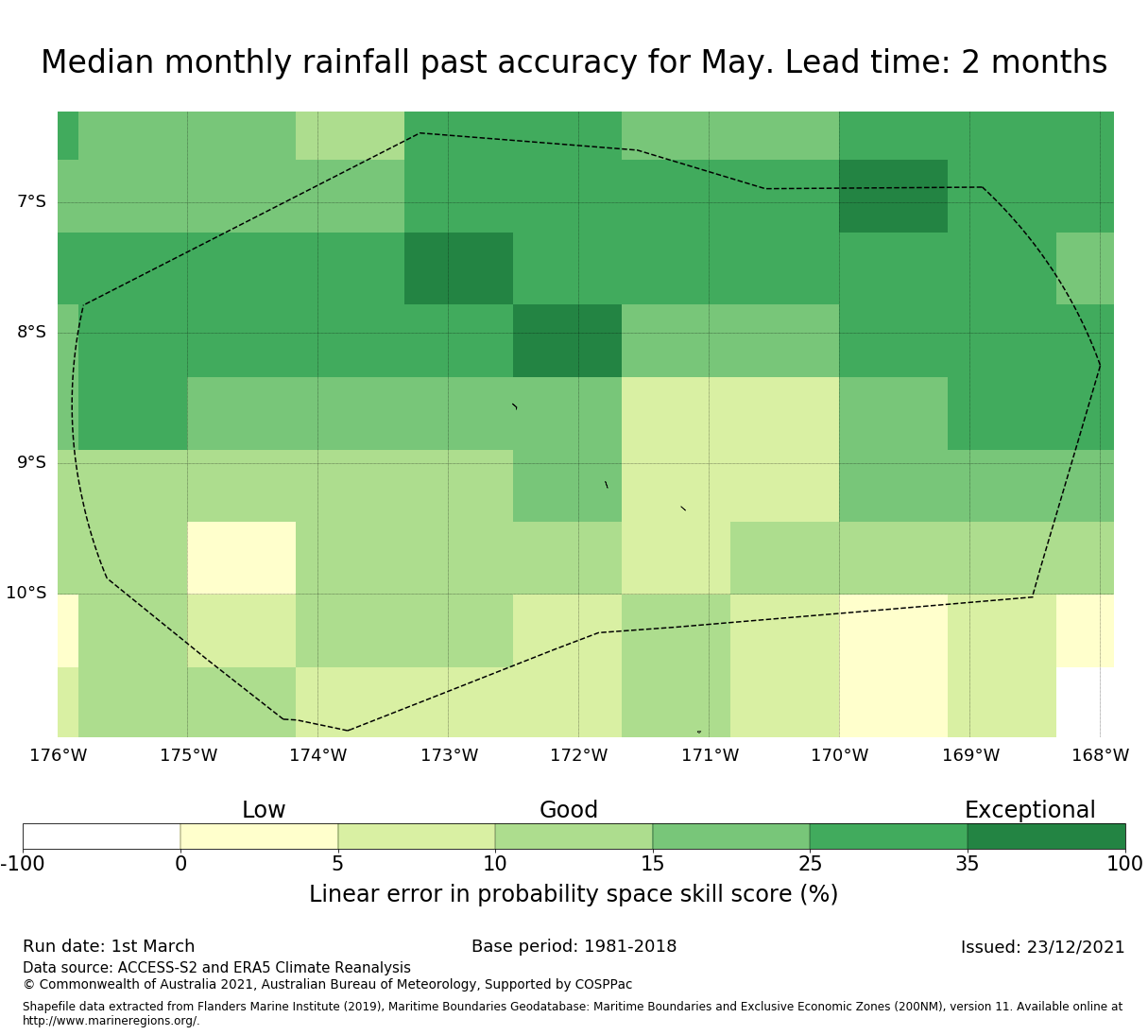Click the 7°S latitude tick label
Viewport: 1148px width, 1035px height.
point(31,201)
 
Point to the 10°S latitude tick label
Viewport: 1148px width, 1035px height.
point(26,593)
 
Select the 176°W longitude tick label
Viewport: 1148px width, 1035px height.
point(58,755)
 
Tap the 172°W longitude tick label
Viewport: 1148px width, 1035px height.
point(578,755)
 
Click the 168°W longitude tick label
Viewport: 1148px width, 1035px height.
point(1100,755)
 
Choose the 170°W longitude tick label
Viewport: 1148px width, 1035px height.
point(839,755)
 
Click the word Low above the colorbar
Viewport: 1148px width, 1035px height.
point(264,810)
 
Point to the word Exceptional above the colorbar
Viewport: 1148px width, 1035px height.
point(1029,810)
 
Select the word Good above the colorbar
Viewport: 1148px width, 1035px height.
point(569,810)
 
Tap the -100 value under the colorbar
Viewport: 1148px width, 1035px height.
point(23,863)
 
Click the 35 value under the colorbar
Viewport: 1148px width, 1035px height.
point(968,863)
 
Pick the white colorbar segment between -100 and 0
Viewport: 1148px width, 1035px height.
point(101,837)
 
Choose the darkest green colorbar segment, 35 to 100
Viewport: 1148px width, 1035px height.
point(1046,837)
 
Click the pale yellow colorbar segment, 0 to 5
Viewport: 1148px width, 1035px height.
point(259,837)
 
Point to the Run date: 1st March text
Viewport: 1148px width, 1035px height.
point(109,946)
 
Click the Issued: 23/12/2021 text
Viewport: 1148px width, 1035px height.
point(1042,947)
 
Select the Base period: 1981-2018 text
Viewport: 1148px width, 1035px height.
point(574,946)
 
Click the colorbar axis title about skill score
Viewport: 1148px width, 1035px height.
point(574,894)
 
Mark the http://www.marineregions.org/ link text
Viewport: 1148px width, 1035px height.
point(111,1021)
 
